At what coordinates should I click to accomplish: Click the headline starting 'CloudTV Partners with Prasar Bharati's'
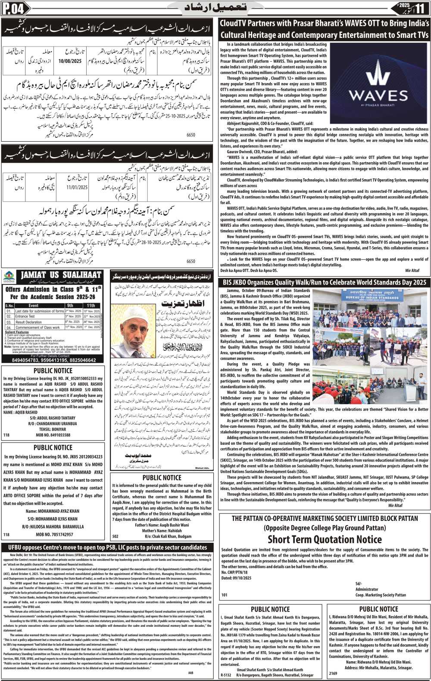pos(324,29)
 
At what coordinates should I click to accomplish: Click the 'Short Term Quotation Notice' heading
pos(325,539)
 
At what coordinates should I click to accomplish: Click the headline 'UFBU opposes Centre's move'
pos(107,548)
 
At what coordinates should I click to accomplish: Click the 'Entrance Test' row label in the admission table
pos(25,316)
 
